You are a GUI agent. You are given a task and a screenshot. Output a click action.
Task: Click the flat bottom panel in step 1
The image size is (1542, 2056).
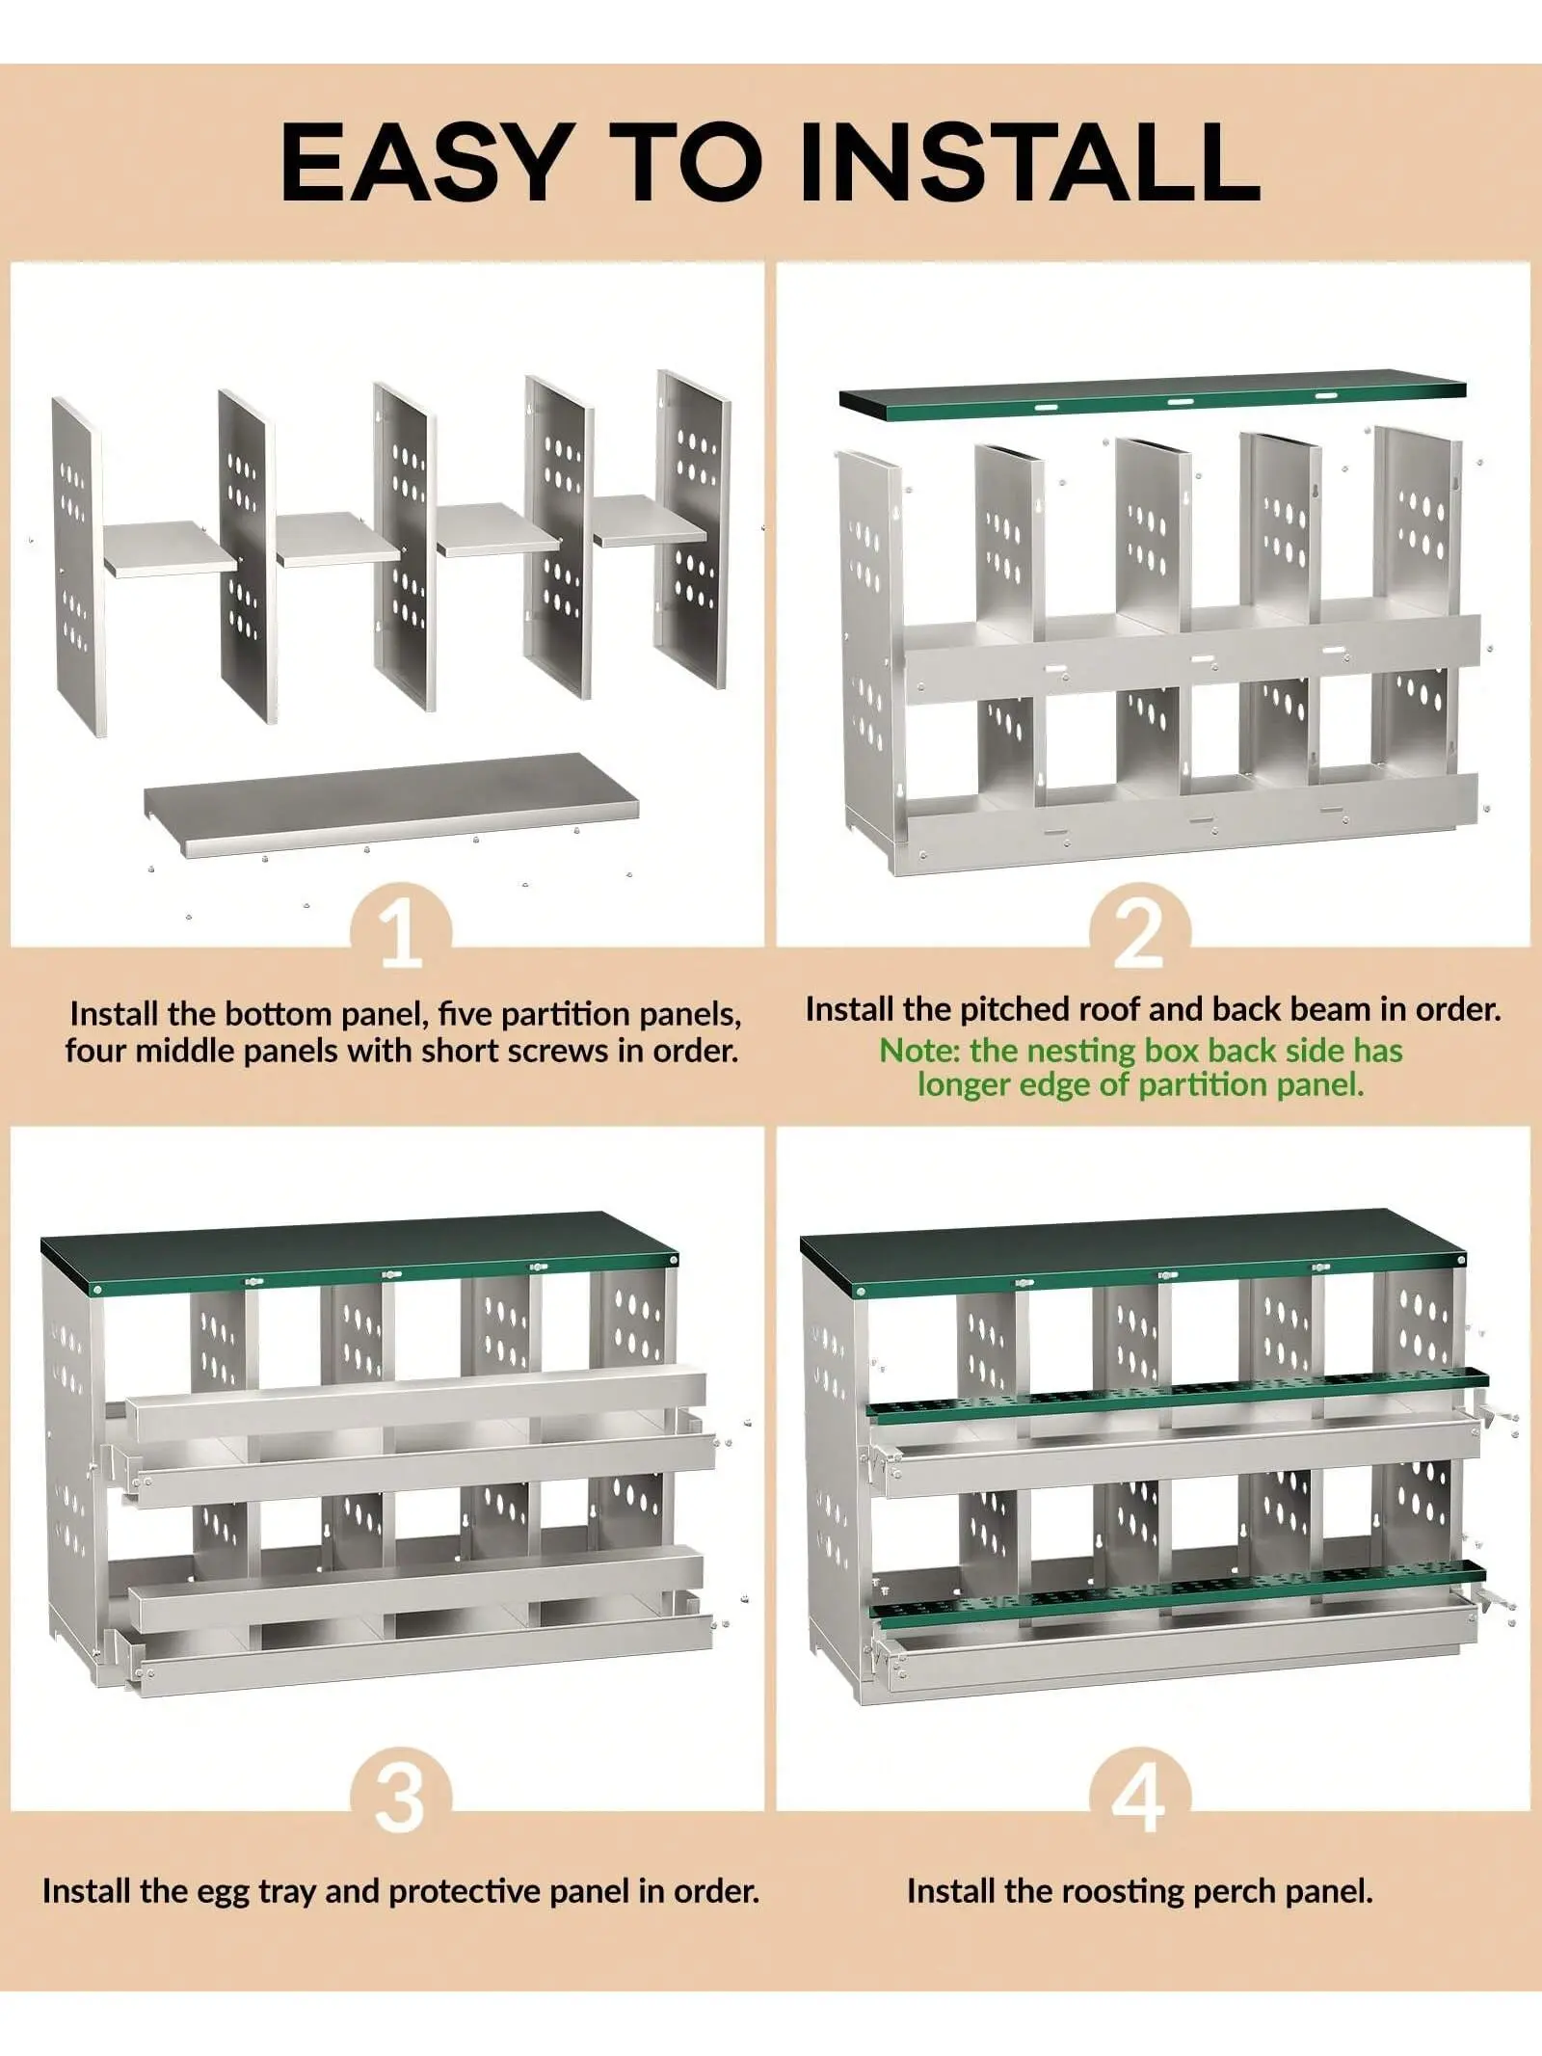(391, 804)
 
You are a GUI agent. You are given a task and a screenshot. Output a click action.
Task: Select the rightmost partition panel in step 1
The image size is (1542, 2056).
(692, 528)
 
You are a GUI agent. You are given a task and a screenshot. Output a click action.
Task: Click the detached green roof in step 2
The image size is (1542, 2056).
(1153, 400)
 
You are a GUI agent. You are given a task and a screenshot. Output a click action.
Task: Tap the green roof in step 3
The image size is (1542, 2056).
(359, 1253)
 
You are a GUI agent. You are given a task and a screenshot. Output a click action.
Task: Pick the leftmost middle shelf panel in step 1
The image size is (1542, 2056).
(171, 548)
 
